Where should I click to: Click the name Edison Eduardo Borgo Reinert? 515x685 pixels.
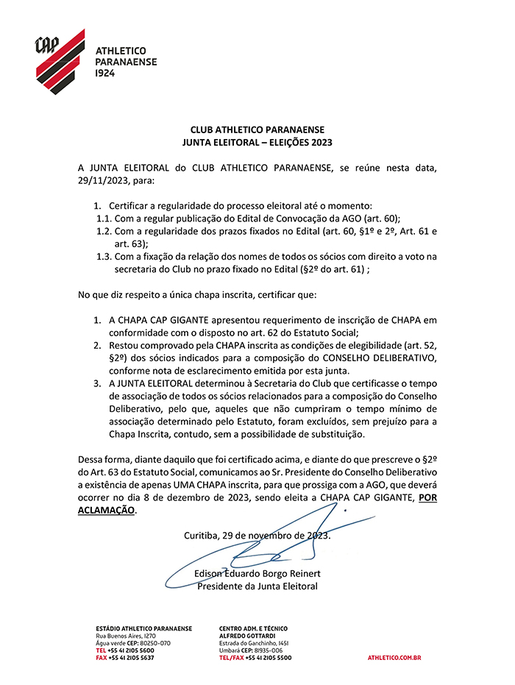pyautogui.click(x=257, y=573)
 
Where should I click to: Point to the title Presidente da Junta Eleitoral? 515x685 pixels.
pyautogui.click(x=257, y=586)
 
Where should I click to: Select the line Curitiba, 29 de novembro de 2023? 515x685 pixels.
pyautogui.click(x=257, y=535)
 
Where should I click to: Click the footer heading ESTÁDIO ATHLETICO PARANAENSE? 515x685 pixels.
pyautogui.click(x=144, y=628)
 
